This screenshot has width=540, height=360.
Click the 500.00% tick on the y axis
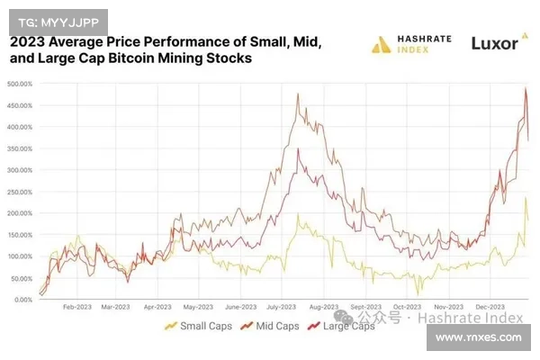[20, 84]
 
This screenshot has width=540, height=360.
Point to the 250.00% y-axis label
[20, 192]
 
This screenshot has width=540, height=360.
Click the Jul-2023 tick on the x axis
[283, 307]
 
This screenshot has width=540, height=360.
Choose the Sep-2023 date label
[367, 307]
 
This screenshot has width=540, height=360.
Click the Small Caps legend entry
[193, 326]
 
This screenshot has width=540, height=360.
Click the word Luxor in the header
[495, 42]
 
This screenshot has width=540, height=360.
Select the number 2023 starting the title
[28, 41]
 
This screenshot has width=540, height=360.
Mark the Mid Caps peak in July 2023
[297, 93]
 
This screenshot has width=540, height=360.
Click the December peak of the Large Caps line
[526, 87]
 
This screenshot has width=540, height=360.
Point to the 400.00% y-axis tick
[20, 127]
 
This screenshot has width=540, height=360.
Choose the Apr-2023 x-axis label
[157, 307]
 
